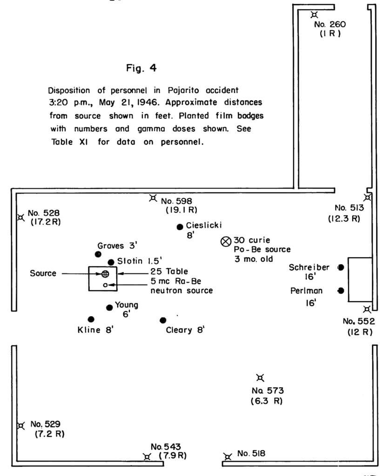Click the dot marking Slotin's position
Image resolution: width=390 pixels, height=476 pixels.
pos(111,262)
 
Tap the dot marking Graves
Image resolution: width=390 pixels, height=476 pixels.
pos(98,254)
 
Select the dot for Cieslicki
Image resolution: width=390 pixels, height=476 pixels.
pos(180,227)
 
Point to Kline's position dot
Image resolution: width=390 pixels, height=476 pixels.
pos(91,319)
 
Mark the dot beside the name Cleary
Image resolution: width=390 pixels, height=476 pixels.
pos(162,320)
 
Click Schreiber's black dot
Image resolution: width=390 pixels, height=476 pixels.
pos(341,267)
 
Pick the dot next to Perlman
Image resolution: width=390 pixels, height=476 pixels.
pos(341,291)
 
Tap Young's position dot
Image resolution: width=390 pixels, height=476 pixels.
pos(109,307)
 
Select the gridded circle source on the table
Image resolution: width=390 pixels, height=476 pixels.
pos(105,273)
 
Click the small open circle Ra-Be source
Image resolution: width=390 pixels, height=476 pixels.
pos(105,284)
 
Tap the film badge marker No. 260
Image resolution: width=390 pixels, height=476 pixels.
pos(315,15)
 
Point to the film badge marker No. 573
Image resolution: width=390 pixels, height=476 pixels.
pos(260,377)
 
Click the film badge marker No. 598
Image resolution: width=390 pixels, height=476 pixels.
pos(153,198)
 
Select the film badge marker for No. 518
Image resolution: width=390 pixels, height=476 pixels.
pos(227,456)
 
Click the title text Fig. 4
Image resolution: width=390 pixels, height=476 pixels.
pos(141,69)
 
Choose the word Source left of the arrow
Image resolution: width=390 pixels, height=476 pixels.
pos(43,273)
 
